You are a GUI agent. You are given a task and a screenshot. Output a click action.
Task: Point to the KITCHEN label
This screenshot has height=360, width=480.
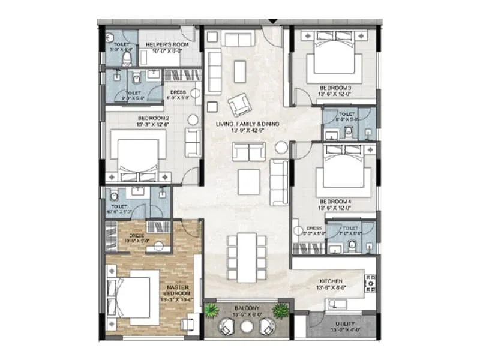[x=331, y=281]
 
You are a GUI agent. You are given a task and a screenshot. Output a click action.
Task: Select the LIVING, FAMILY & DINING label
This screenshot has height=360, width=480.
[x=248, y=124]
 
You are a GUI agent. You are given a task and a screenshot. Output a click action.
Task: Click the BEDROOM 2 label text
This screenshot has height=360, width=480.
[x=152, y=118]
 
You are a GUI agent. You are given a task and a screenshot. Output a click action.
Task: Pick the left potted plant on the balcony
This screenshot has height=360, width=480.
[x=211, y=310]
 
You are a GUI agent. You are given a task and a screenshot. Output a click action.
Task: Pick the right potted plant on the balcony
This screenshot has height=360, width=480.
[x=280, y=310]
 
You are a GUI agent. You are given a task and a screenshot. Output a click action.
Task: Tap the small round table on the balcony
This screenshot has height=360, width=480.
[x=245, y=326]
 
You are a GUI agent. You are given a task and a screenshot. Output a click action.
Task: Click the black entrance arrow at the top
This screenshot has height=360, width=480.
[x=273, y=22]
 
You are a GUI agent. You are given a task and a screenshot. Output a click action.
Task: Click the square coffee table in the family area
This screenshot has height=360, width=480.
[x=248, y=182]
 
